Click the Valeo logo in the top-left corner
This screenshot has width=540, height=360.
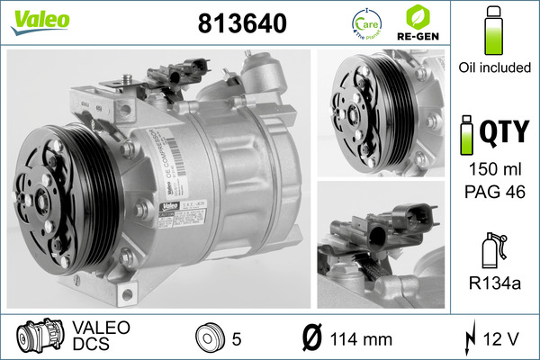[31, 19]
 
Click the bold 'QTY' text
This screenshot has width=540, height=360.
[505, 134]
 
